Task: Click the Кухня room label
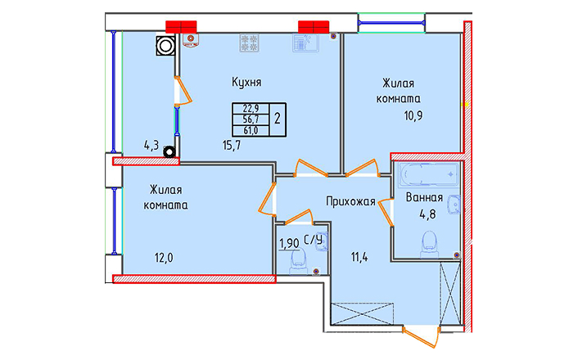click(246, 82)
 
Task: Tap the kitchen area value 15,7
click(232, 146)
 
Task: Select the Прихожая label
click(350, 201)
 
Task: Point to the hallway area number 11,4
click(359, 257)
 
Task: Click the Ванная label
click(424, 197)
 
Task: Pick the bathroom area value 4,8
click(427, 214)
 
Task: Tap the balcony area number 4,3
click(151, 146)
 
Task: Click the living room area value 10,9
click(413, 115)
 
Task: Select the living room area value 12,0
click(164, 258)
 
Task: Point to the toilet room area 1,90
click(289, 244)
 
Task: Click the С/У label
click(313, 240)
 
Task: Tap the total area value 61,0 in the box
click(251, 130)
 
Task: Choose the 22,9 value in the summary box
click(251, 108)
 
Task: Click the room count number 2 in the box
click(278, 119)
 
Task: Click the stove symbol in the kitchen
click(248, 43)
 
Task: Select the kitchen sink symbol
click(306, 43)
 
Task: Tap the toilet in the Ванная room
click(430, 244)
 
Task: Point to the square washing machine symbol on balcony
click(165, 46)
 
